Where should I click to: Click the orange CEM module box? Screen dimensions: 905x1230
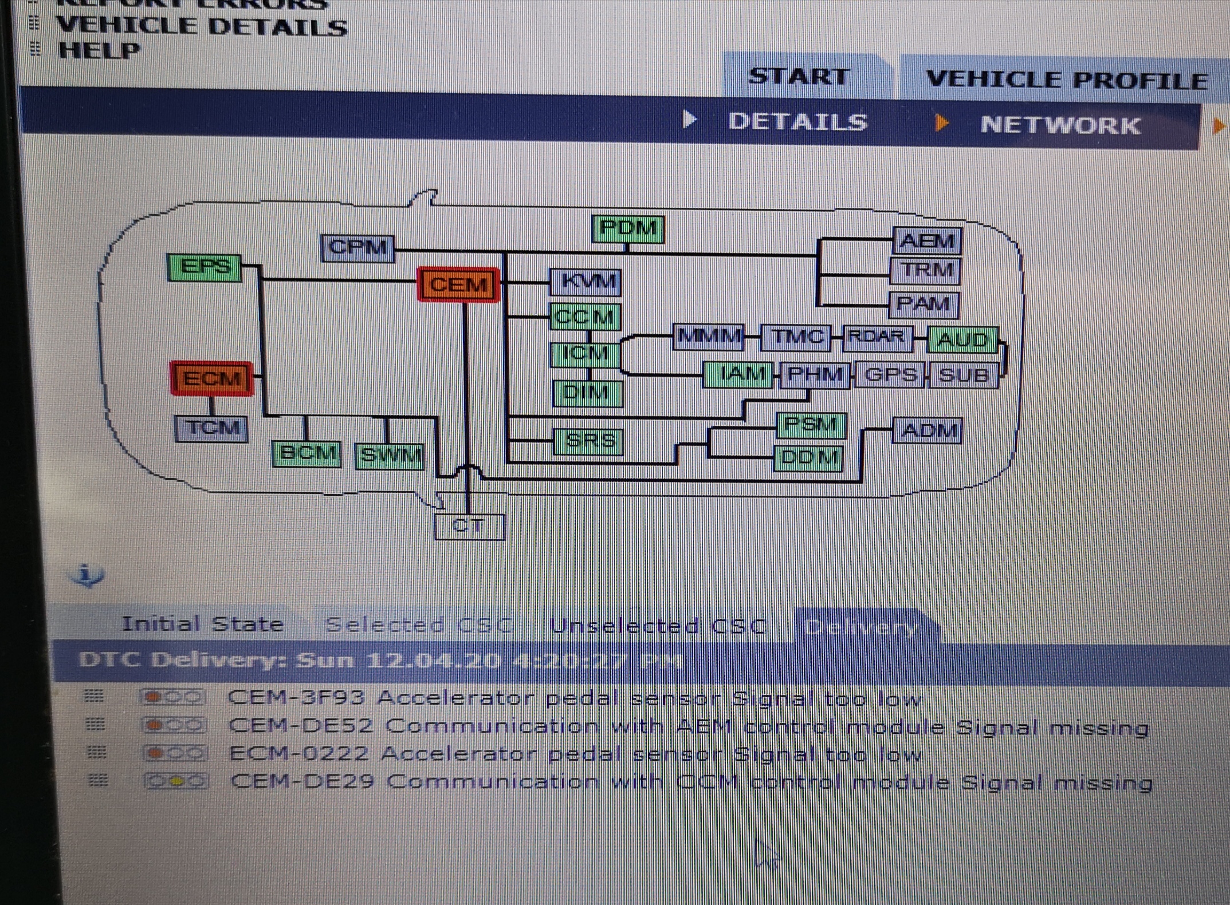[458, 284]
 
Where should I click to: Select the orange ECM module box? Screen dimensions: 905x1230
[212, 378]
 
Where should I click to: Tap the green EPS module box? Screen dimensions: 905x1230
[205, 267]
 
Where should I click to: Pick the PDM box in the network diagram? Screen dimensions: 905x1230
[628, 229]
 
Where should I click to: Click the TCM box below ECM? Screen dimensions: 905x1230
[211, 428]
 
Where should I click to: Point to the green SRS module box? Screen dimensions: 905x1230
[589, 441]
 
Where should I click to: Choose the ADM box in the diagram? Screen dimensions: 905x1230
[928, 430]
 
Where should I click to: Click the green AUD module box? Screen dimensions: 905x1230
[963, 341]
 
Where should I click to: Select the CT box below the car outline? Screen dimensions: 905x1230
[469, 526]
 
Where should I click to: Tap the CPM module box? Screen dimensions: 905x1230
[358, 248]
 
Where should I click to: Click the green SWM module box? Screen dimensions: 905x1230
[390, 456]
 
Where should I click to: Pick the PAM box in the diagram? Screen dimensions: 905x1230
[923, 304]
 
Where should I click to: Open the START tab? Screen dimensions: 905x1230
[799, 77]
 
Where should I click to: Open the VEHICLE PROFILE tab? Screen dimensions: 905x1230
[1066, 80]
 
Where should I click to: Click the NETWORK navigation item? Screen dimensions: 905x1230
[1060, 125]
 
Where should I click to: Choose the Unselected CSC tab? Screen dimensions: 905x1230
[658, 626]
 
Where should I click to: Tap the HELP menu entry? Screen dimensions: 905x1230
[99, 50]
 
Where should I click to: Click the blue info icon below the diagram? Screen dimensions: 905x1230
[87, 575]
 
